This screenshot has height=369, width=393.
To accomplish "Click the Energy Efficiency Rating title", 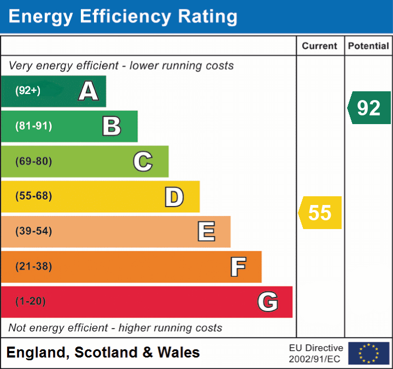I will (x=123, y=17).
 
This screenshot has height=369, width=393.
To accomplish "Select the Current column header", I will (x=320, y=46).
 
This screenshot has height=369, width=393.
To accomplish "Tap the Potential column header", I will (x=368, y=46).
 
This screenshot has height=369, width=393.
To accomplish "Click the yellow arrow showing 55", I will (x=320, y=213).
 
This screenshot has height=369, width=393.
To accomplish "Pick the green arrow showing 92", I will (x=369, y=108).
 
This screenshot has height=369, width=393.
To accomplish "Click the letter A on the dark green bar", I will (x=89, y=91).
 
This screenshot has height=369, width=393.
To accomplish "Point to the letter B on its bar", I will (x=112, y=126).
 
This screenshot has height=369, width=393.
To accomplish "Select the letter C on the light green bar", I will (x=143, y=162).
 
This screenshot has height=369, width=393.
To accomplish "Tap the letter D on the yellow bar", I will (x=174, y=197).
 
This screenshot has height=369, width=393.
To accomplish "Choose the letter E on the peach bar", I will (x=206, y=232).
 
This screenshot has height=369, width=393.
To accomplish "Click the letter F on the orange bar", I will (x=238, y=267).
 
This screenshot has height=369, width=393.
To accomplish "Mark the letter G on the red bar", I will (x=268, y=302).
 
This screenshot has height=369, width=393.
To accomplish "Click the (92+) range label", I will (x=28, y=91).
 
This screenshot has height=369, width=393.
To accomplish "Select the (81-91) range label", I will (x=34, y=126).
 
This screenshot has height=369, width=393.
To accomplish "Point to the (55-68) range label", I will (x=34, y=196).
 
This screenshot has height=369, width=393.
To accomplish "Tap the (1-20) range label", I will (x=31, y=301).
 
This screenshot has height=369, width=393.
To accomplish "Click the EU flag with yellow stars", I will (x=368, y=353).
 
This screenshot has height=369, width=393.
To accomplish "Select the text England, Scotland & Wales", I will (x=103, y=353).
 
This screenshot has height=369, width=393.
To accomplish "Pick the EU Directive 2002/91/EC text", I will (x=316, y=353).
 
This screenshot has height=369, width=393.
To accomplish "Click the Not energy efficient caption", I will (x=115, y=328).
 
